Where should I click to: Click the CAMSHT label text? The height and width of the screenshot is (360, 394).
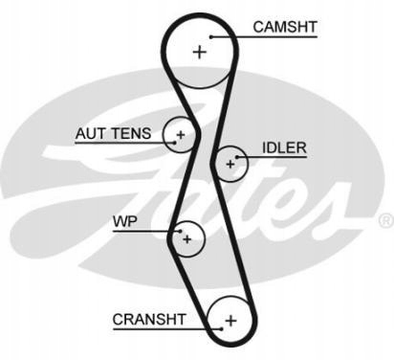pyautogui.click(x=285, y=27)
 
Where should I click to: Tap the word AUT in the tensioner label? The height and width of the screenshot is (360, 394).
pyautogui.click(x=88, y=133)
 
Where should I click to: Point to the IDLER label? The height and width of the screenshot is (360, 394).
pyautogui.click(x=284, y=147)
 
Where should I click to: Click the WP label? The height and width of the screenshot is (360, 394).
pyautogui.click(x=125, y=221)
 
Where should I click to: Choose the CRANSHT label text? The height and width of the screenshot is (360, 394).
pyautogui.click(x=149, y=320)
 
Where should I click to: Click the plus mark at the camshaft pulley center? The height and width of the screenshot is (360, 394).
pyautogui.click(x=200, y=52)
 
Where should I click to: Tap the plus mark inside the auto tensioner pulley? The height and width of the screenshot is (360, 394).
pyautogui.click(x=181, y=135)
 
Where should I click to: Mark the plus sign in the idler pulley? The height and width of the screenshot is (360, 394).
pyautogui.click(x=230, y=164)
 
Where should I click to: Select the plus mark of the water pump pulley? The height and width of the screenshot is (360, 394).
pyautogui.click(x=187, y=239)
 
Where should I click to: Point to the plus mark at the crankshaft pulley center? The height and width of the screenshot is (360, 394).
pyautogui.click(x=230, y=320)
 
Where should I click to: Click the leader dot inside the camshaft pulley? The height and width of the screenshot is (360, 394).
pyautogui.click(x=211, y=37)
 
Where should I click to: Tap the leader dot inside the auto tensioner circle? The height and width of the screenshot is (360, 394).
pyautogui.click(x=174, y=143)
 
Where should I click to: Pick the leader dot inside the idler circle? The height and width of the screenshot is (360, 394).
pyautogui.click(x=237, y=157)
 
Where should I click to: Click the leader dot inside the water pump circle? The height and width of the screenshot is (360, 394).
pyautogui.click(x=181, y=231)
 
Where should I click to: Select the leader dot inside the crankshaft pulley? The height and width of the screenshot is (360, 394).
pyautogui.click(x=222, y=328)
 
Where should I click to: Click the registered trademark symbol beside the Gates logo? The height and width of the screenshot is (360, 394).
pyautogui.click(x=386, y=221)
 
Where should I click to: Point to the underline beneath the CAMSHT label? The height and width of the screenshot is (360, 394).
pyautogui.click(x=264, y=37)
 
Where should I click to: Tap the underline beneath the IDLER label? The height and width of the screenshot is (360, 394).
pyautogui.click(x=272, y=157)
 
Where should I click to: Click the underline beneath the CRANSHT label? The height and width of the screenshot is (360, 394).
pyautogui.click(x=167, y=328)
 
